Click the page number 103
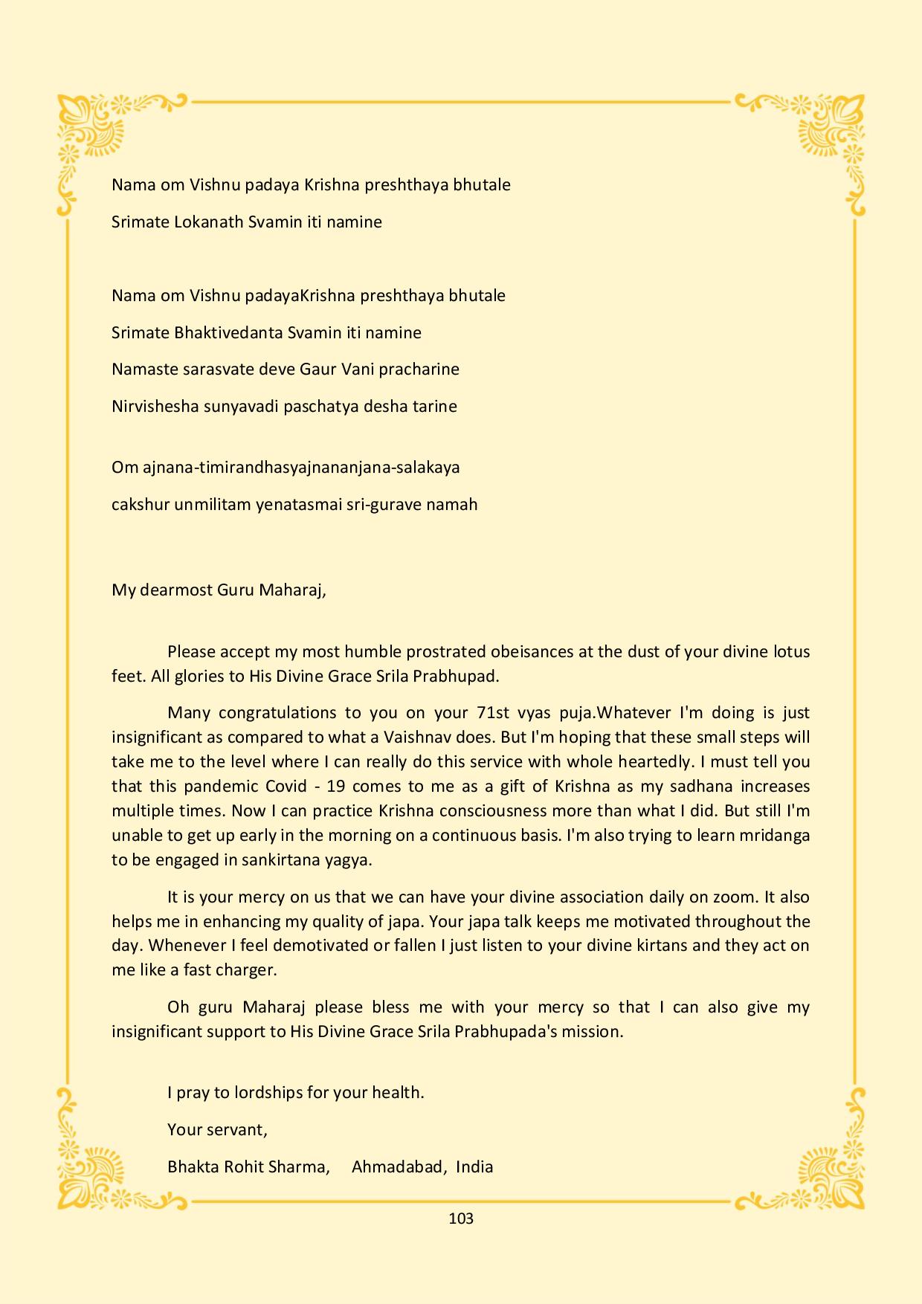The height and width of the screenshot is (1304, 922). point(461,1218)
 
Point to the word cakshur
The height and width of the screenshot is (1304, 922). point(141,504)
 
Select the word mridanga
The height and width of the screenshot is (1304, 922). point(775,835)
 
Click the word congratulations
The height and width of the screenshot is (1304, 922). point(274,712)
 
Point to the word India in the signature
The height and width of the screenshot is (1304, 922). point(474,1166)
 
